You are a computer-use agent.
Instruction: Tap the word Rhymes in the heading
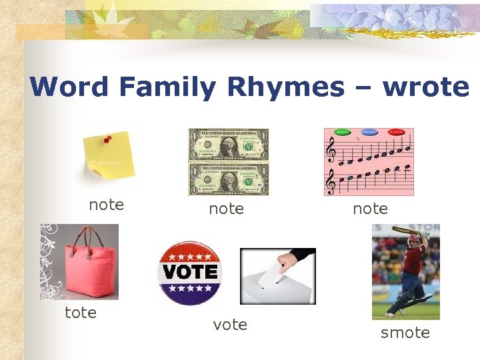pyautogui.click(x=286, y=87)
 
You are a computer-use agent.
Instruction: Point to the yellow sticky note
pyautogui.click(x=109, y=160)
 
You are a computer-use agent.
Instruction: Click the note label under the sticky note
pyautogui.click(x=107, y=205)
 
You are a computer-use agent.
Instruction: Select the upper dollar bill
pyautogui.click(x=229, y=145)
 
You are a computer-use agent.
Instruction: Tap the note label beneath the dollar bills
pyautogui.click(x=226, y=209)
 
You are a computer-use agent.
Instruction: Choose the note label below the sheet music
pyautogui.click(x=370, y=209)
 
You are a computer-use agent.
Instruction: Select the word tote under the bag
pyautogui.click(x=81, y=313)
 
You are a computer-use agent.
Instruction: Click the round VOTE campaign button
pyautogui.click(x=189, y=272)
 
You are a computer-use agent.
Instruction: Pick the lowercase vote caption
pyautogui.click(x=230, y=325)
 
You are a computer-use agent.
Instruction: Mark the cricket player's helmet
pyautogui.click(x=415, y=239)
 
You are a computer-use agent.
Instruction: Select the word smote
pyautogui.click(x=405, y=333)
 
